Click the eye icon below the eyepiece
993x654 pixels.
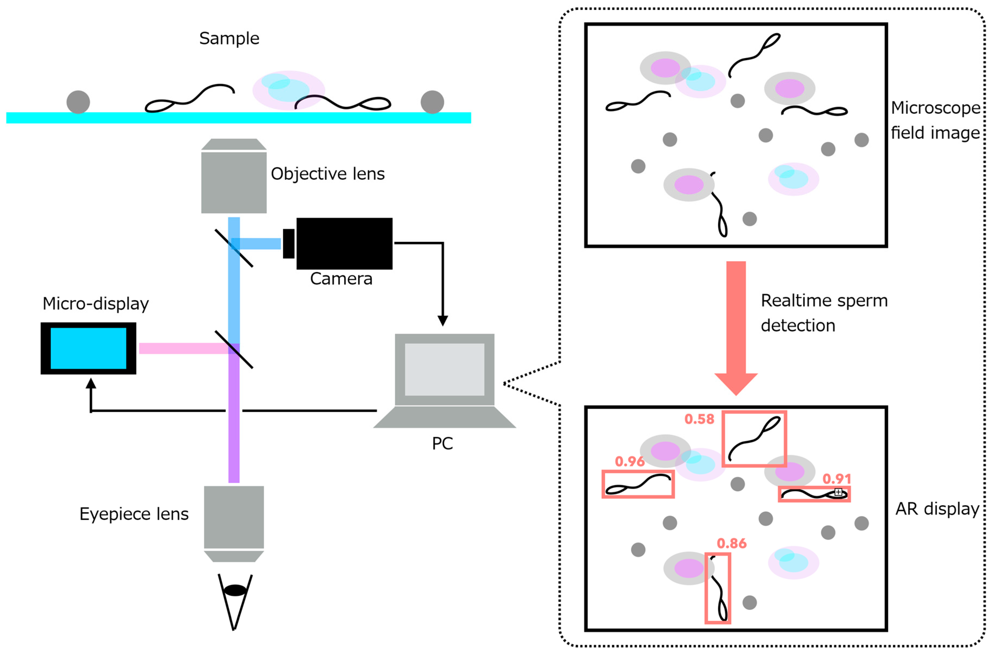click(x=235, y=590)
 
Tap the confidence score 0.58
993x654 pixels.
click(x=699, y=419)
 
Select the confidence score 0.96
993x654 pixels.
click(x=630, y=461)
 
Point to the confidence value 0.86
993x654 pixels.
click(x=731, y=543)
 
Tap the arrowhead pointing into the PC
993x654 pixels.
click(x=443, y=320)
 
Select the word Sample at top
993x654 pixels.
click(x=229, y=38)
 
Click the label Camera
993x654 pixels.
click(x=341, y=279)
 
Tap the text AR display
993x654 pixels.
click(x=937, y=509)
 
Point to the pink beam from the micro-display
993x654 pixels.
click(x=183, y=348)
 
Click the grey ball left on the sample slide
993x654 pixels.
click(x=78, y=102)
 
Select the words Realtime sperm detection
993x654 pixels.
click(x=824, y=313)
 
